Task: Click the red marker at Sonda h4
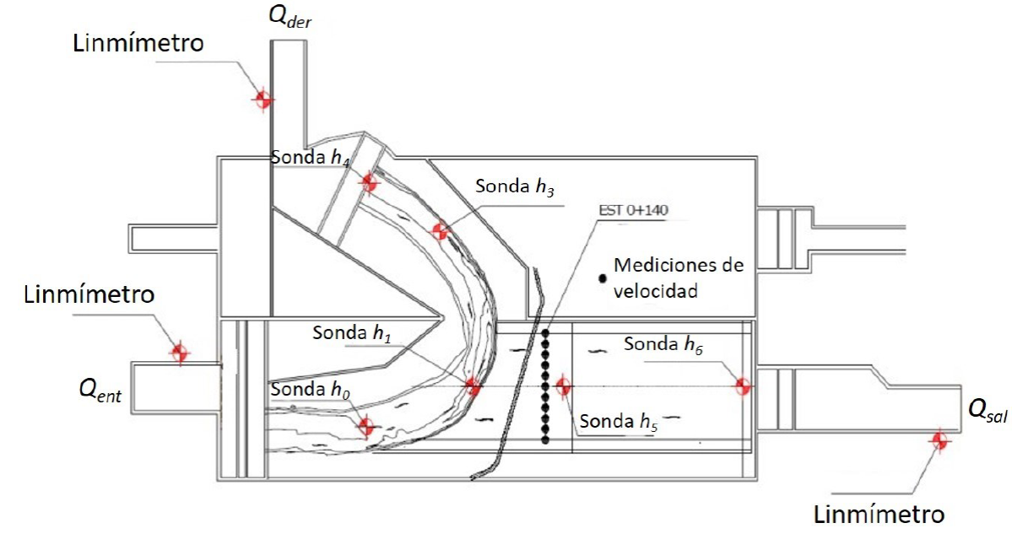coord(369,181)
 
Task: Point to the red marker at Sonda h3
coord(439,229)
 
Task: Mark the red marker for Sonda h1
coord(472,386)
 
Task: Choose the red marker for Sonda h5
coord(563,386)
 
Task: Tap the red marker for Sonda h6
coord(743,386)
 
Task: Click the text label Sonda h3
coord(514,186)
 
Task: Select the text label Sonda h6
coord(663,344)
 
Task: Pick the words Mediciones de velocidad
coord(679,277)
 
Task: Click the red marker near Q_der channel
coord(263,99)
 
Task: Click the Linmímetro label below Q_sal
coord(878,513)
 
